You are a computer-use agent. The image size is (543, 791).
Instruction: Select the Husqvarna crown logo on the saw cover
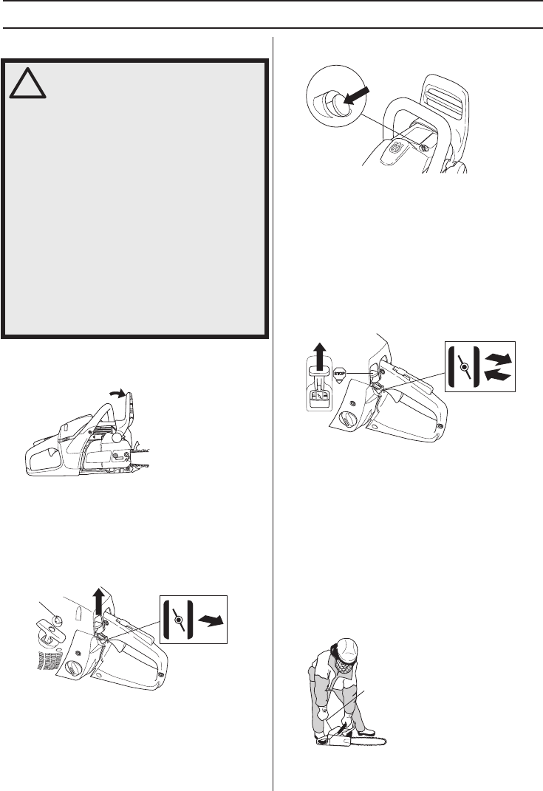coord(396,148)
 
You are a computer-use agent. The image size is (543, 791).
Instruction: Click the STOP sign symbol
coord(339,374)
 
